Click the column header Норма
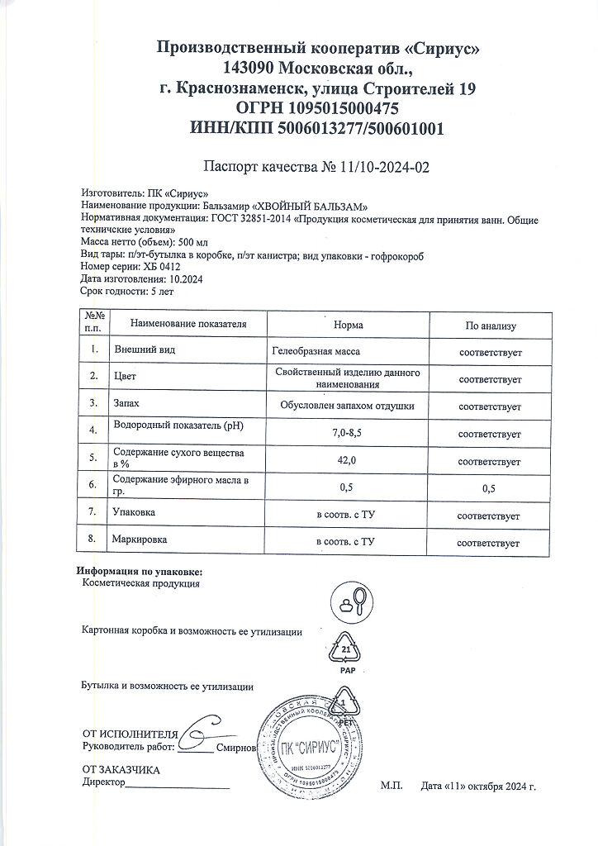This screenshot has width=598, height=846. [x=347, y=326]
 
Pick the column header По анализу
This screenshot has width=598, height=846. [x=490, y=326]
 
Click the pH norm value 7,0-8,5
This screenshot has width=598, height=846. [x=347, y=433]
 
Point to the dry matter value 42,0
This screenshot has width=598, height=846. [x=347, y=460]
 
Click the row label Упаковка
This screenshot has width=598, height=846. [x=135, y=513]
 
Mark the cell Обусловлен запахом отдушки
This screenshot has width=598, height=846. [x=347, y=406]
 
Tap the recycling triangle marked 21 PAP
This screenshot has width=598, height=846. [x=347, y=652]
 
